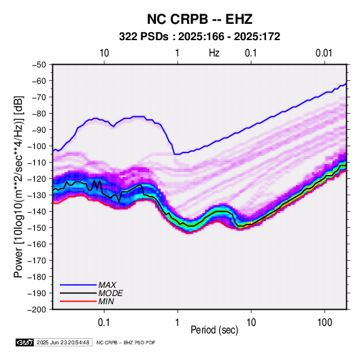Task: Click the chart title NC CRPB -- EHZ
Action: pyautogui.click(x=199, y=19)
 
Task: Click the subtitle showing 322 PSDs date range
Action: pyautogui.click(x=199, y=37)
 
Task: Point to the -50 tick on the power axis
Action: pyautogui.click(x=39, y=65)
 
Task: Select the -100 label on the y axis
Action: pyautogui.click(x=37, y=146)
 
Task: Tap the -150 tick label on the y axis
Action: pyautogui.click(x=37, y=228)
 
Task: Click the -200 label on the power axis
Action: pyautogui.click(x=37, y=310)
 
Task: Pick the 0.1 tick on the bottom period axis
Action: pyautogui.click(x=104, y=323)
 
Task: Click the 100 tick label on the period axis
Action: pyautogui.click(x=325, y=323)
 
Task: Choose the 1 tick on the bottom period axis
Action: pyautogui.click(x=177, y=323)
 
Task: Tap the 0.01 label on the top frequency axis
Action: pyautogui.click(x=324, y=53)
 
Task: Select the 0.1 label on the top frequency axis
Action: pyautogui.click(x=250, y=53)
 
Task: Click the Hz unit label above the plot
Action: pyautogui.click(x=214, y=53)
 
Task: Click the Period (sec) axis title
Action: pyautogui.click(x=214, y=330)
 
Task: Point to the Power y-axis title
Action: pyautogui.click(x=18, y=186)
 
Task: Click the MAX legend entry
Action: pyautogui.click(x=107, y=284)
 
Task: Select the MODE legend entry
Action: pyautogui.click(x=110, y=293)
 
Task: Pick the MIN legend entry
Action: pyautogui.click(x=106, y=301)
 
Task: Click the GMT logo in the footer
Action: pyautogui.click(x=25, y=342)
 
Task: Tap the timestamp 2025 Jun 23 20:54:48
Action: pyautogui.click(x=63, y=342)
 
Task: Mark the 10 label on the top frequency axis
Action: pyautogui.click(x=104, y=53)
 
